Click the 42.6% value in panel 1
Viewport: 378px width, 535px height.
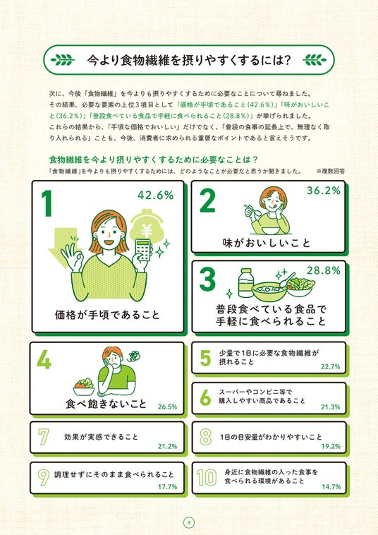click(155, 196)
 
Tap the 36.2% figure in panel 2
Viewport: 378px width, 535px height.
click(324, 191)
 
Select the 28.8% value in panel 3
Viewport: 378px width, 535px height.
click(324, 270)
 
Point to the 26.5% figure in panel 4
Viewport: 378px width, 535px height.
click(167, 407)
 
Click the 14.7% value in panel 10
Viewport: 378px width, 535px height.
click(331, 486)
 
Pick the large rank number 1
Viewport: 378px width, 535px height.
click(47, 203)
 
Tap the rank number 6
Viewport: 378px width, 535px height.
click(205, 397)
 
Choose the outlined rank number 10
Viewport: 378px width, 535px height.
click(207, 477)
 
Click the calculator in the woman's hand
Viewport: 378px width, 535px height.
click(143, 250)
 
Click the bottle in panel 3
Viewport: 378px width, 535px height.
click(245, 283)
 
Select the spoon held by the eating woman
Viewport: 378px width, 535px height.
click(253, 210)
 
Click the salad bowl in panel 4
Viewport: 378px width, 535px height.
click(84, 387)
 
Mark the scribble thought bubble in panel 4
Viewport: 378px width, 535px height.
click(133, 355)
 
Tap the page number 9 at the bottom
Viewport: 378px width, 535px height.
click(189, 522)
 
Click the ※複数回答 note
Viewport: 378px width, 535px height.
click(330, 172)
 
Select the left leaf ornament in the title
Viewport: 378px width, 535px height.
click(63, 60)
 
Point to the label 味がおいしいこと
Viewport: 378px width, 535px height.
click(266, 243)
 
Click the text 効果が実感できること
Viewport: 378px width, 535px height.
click(101, 437)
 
